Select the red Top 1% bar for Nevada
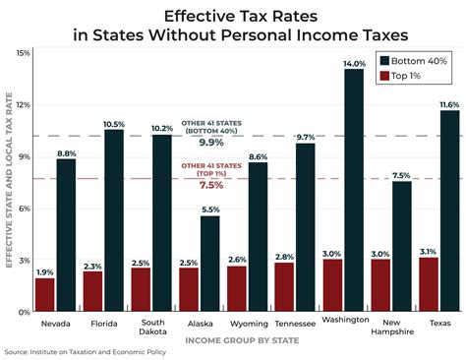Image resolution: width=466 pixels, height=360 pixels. click(x=45, y=294)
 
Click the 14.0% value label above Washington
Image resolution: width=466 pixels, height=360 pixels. click(x=353, y=62)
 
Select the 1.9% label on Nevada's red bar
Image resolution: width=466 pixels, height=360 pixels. click(x=44, y=271)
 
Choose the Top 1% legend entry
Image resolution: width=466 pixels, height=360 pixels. click(x=402, y=75)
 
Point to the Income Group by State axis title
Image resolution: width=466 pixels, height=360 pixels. click(x=234, y=341)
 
